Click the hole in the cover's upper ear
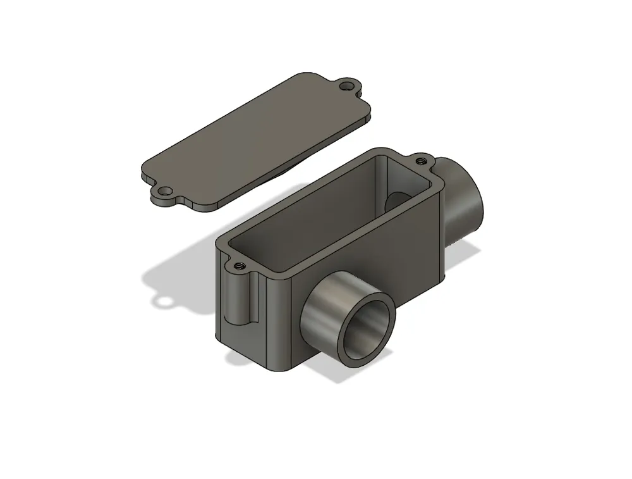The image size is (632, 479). coord(346,85)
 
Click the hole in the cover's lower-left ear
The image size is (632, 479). coord(164,190)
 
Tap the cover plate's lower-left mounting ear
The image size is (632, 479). coord(161,194)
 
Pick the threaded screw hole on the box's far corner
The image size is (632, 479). coord(420,161)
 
